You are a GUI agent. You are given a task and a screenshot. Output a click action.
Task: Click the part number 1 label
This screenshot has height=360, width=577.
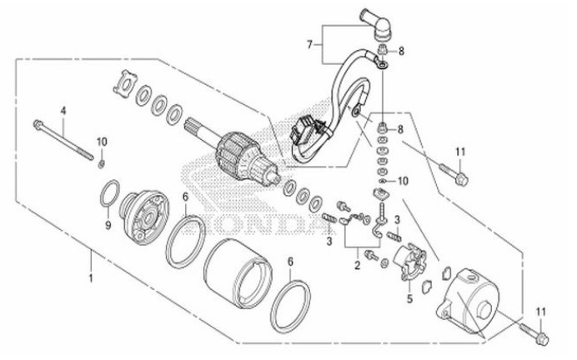(89, 272)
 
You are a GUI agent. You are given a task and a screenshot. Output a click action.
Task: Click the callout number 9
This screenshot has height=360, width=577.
(108, 225)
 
